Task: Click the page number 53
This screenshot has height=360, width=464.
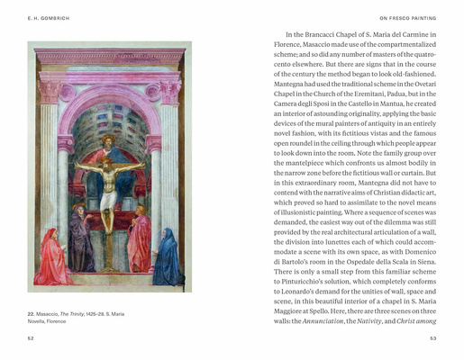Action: tap(432, 337)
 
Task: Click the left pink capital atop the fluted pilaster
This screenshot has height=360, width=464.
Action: tap(48, 93)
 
